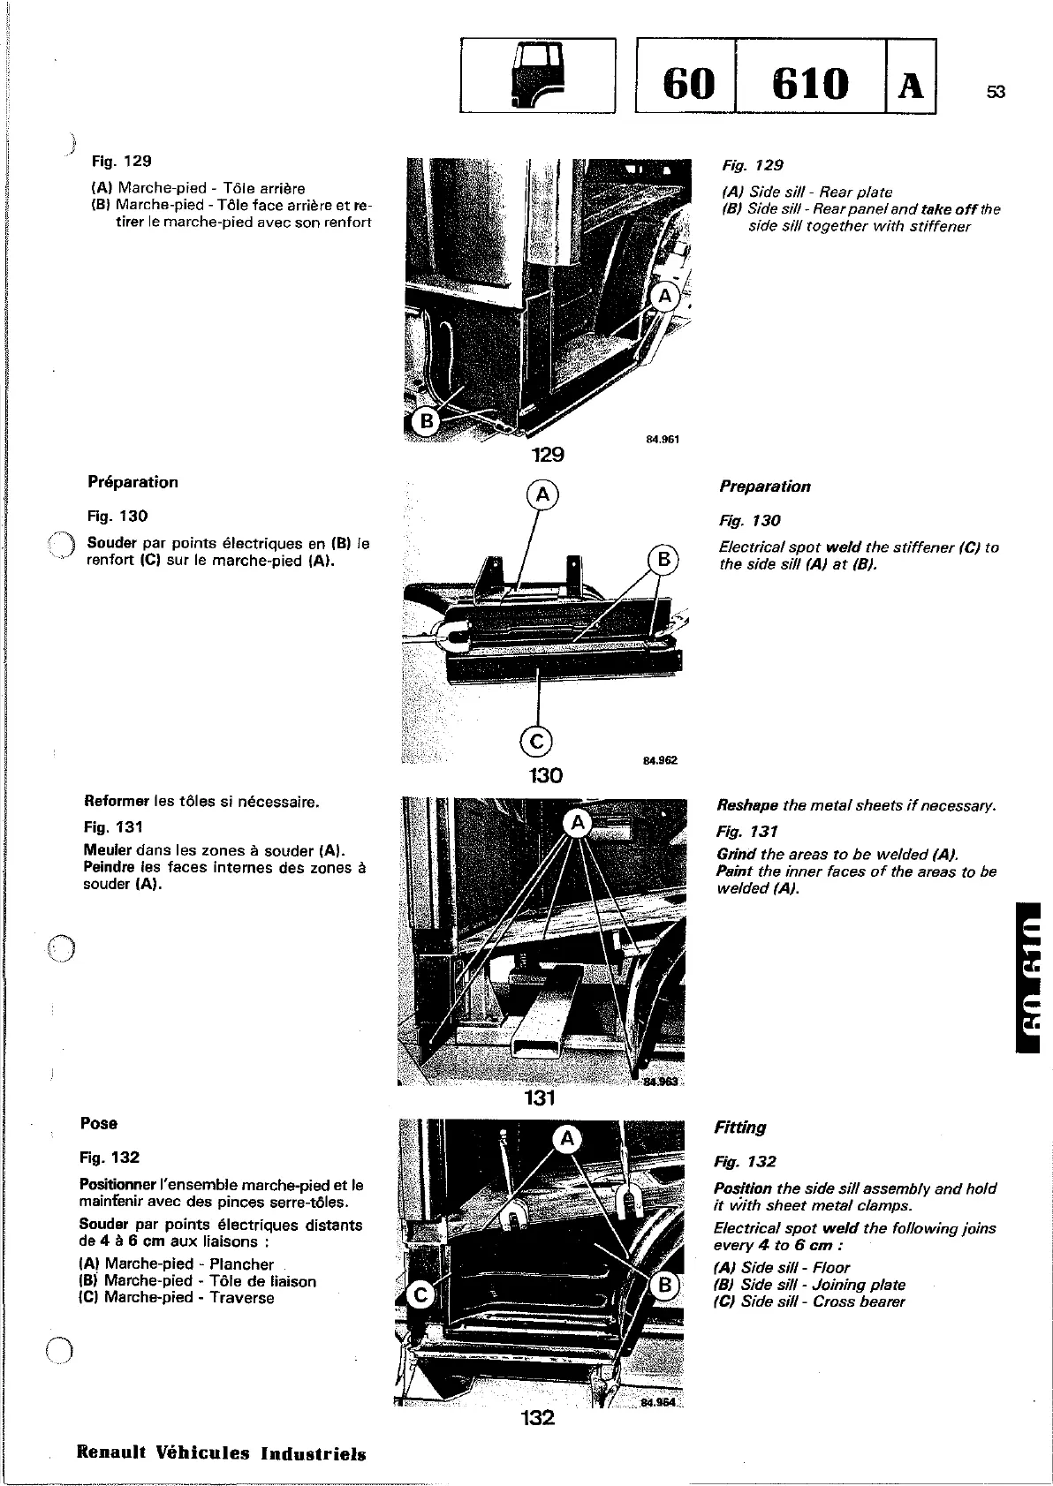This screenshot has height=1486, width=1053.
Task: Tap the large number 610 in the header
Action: pos(810,83)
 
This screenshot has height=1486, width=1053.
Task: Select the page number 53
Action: pos(996,92)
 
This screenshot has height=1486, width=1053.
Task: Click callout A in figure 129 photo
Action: pos(664,297)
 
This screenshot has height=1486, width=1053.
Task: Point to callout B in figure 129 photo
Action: pos(426,422)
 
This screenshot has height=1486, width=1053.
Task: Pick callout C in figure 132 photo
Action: pos(420,1295)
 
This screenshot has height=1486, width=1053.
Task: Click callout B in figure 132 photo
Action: pos(664,1286)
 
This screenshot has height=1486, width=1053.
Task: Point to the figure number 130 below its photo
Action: pos(545,775)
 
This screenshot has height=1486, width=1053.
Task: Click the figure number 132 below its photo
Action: pos(537,1418)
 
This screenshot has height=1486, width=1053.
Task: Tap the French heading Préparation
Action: pos(133,482)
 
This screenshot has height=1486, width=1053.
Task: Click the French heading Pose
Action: pos(98,1124)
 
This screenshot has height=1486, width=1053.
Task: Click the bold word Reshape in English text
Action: pos(747,805)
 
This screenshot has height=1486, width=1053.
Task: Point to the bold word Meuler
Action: pos(108,850)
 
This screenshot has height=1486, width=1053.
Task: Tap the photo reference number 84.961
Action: pos(663,440)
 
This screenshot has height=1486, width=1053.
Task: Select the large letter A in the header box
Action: pos(911,85)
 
